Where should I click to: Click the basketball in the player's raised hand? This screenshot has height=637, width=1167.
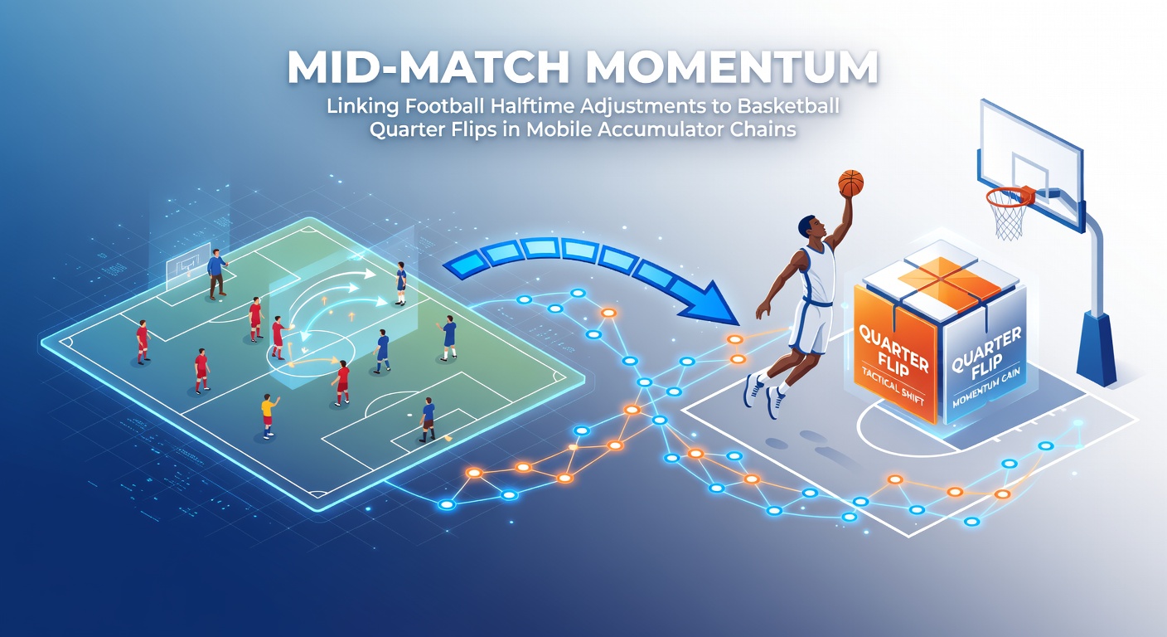(850, 182)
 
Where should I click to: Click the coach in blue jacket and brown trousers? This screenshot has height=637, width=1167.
(216, 273)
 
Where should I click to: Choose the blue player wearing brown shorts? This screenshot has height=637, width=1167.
(428, 419)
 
